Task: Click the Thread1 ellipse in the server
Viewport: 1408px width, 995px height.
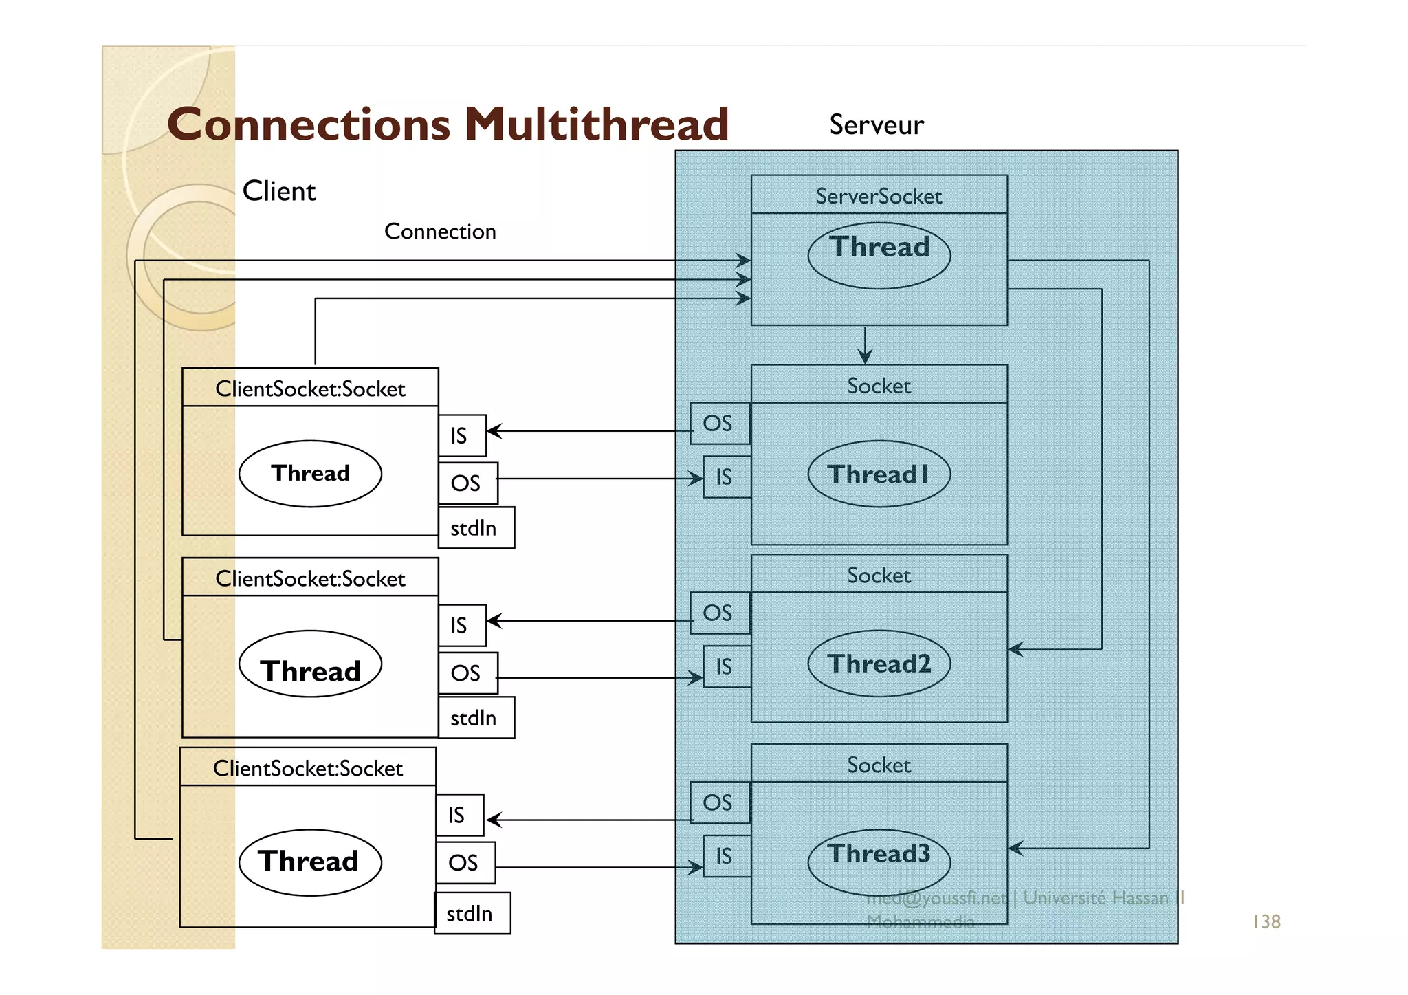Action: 879,474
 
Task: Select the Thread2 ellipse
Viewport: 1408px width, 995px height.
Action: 879,664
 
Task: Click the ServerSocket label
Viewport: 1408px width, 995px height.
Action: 879,197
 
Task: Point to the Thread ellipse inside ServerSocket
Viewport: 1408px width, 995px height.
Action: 879,254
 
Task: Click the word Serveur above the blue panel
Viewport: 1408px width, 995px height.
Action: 876,125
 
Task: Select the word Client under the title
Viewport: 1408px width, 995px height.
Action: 279,191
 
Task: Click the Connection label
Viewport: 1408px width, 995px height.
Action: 440,232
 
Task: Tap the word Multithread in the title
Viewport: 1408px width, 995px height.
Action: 596,124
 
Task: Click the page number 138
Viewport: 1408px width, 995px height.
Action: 1266,921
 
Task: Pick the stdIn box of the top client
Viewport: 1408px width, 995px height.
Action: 476,528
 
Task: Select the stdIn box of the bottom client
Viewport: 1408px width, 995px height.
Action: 472,914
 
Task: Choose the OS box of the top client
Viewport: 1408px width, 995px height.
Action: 467,483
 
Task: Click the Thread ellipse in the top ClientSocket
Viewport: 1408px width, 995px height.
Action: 310,474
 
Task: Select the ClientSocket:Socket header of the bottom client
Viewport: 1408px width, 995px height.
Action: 307,768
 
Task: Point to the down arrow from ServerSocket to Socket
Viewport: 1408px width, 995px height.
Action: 865,345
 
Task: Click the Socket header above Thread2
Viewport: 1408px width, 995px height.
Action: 879,575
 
